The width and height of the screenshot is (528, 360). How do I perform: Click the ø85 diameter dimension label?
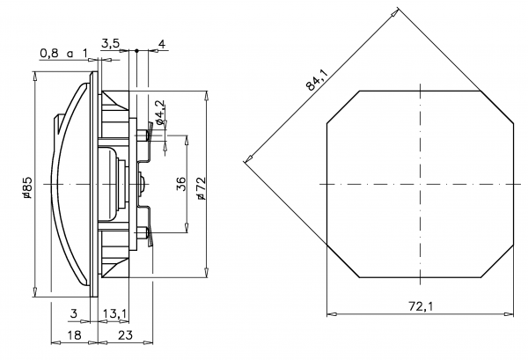pyautogui.click(x=27, y=187)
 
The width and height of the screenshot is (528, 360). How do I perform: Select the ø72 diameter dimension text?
pyautogui.click(x=201, y=187)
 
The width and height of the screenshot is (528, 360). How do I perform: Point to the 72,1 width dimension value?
pyautogui.click(x=420, y=306)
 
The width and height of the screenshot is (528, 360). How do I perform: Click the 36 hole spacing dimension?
pyautogui.click(x=180, y=184)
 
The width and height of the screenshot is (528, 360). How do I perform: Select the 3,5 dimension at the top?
pyautogui.click(x=110, y=41)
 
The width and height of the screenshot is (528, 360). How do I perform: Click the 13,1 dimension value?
pyautogui.click(x=116, y=313)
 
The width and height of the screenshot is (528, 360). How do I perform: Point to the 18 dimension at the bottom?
pyautogui.click(x=75, y=334)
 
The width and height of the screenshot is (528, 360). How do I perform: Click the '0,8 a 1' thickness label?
pyautogui.click(x=64, y=53)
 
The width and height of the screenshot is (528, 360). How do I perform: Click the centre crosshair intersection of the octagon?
pyautogui.click(x=421, y=184)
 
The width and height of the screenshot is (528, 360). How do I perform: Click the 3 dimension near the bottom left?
pyautogui.click(x=74, y=313)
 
